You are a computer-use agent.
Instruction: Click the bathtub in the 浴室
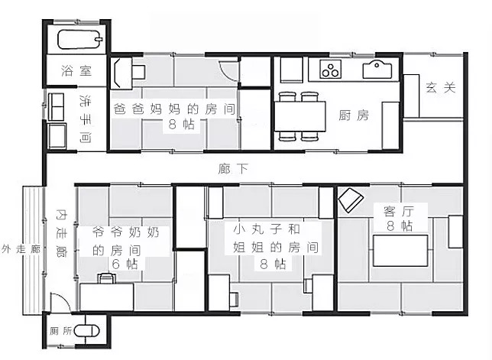pyautogui.click(x=80, y=40)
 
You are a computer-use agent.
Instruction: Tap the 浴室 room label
pyautogui.click(x=76, y=70)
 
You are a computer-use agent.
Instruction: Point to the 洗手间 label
pyautogui.click(x=86, y=119)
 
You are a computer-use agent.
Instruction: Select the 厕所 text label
pyautogui.click(x=60, y=331)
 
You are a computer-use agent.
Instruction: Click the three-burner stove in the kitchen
pyautogui.click(x=330, y=69)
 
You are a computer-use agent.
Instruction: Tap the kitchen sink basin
pyautogui.click(x=377, y=70)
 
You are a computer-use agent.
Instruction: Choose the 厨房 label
pyautogui.click(x=354, y=115)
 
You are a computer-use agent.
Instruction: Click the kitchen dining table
pyautogui.click(x=300, y=116)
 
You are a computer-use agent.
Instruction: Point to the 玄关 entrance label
pyautogui.click(x=441, y=87)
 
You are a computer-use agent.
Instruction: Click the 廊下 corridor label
pyautogui.click(x=233, y=169)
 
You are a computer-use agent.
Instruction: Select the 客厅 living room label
pyautogui.click(x=399, y=212)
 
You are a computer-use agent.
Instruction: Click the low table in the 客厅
pyautogui.click(x=400, y=251)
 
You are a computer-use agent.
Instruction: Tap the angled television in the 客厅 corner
pyautogui.click(x=351, y=199)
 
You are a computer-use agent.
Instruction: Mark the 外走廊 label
pyautogui.click(x=21, y=249)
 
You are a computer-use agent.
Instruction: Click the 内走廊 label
pyautogui.click(x=61, y=233)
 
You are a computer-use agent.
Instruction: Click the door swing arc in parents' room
pyautogui.click(x=227, y=73)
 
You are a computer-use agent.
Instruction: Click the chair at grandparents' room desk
pyautogui.click(x=107, y=278)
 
